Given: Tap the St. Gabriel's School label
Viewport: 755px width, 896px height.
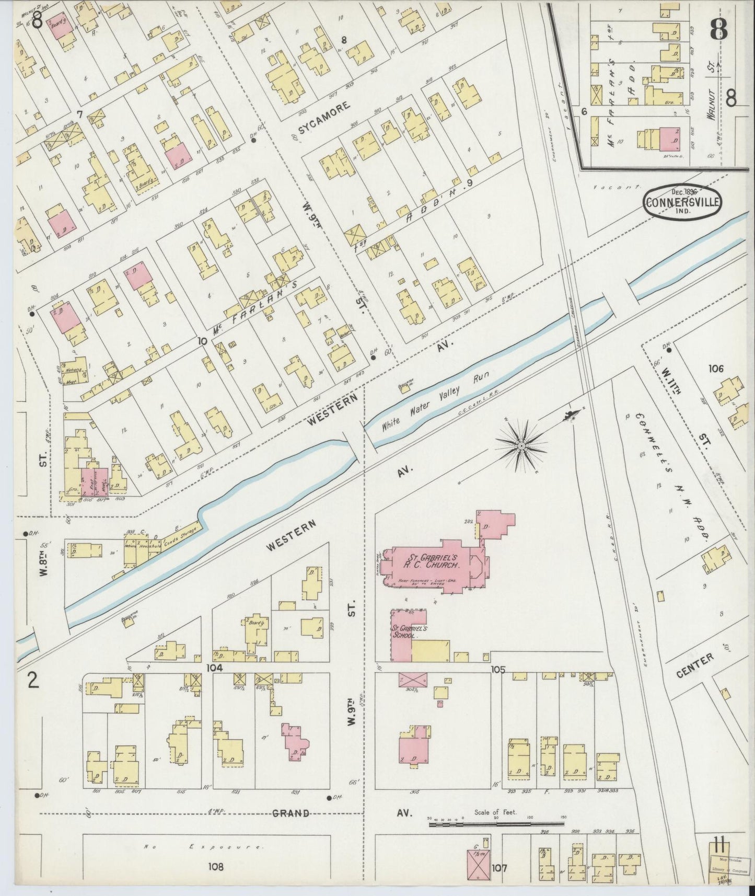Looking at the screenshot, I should [x=409, y=632].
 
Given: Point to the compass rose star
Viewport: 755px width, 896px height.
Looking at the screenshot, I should [x=521, y=445].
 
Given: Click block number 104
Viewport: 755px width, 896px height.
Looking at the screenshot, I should [x=214, y=668].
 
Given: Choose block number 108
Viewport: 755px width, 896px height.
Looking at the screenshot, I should [x=215, y=867].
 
